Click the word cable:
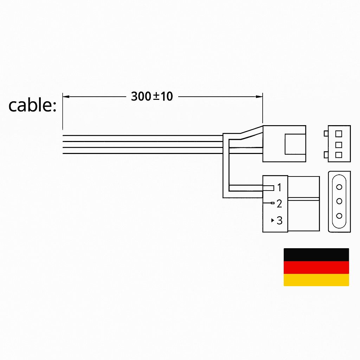(x=32, y=105)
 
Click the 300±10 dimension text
(x=152, y=96)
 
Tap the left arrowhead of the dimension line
(x=65, y=96)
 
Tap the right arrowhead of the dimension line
(x=260, y=96)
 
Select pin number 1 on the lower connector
(x=279, y=187)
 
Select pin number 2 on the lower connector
(x=279, y=204)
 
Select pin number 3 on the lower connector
(x=279, y=220)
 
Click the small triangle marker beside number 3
(x=273, y=221)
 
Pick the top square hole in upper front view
(x=339, y=134)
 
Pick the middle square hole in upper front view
(x=339, y=144)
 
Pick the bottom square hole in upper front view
(x=339, y=155)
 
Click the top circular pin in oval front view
(x=339, y=187)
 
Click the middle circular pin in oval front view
(x=339, y=201)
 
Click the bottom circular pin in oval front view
(x=339, y=216)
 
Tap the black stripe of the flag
(x=316, y=255)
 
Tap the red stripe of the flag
(x=316, y=267)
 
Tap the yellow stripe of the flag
(x=316, y=280)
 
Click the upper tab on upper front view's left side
(x=326, y=134)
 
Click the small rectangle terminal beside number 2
(x=272, y=203)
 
